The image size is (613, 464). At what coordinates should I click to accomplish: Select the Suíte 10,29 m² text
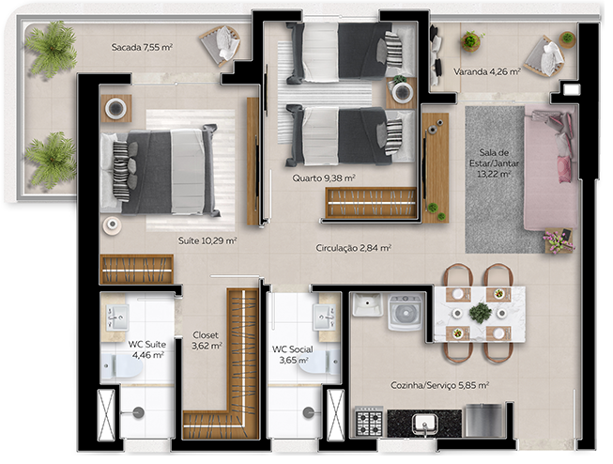207,241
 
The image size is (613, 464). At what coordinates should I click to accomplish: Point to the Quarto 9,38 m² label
324,177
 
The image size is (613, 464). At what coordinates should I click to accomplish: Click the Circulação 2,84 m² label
353,248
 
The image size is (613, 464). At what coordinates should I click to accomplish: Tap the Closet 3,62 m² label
206,339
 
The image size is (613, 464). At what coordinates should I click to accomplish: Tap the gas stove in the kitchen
368,422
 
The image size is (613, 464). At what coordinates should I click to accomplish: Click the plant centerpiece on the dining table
481,312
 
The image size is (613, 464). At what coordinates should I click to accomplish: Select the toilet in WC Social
317,367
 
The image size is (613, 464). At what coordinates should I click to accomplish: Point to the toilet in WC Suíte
124,368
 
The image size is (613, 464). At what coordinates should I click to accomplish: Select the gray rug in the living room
495,178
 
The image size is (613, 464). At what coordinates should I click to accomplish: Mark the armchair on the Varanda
544,56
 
